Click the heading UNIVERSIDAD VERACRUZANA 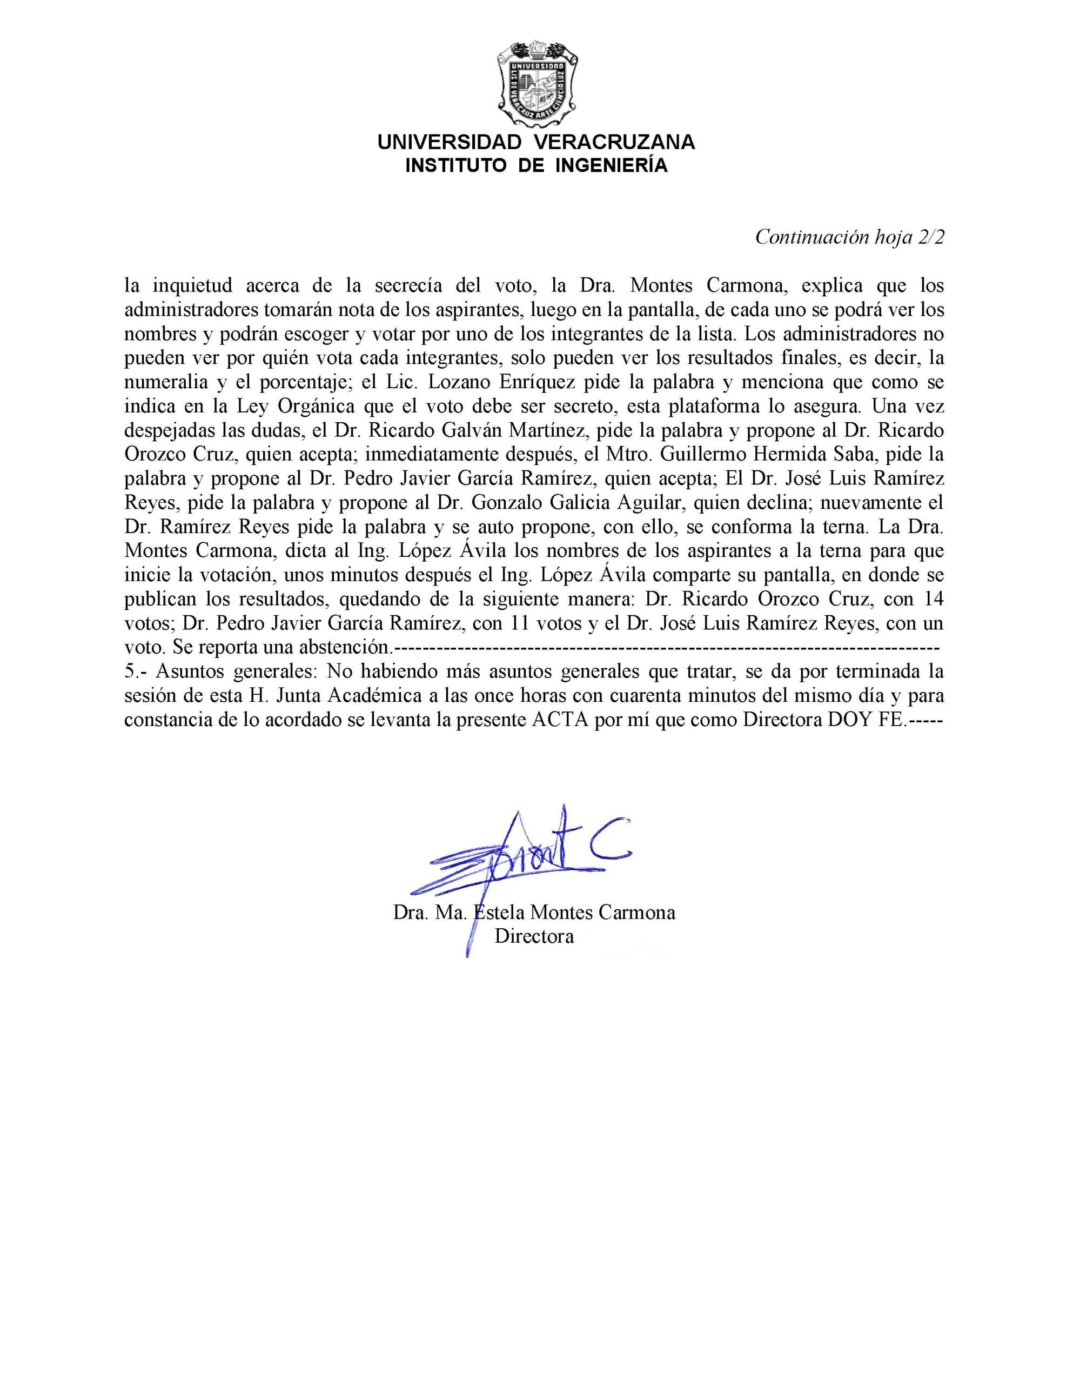(x=536, y=142)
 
